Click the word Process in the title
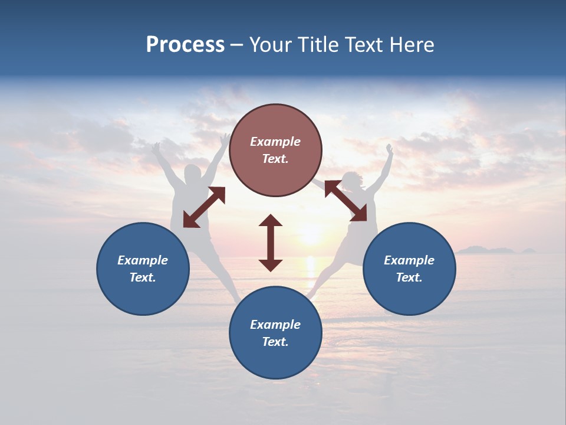pyautogui.click(x=185, y=45)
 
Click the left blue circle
pyautogui.click(x=143, y=269)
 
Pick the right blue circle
pyautogui.click(x=409, y=269)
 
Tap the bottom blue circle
pyautogui.click(x=275, y=332)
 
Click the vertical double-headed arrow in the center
pyautogui.click(x=271, y=243)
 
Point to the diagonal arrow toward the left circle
pyautogui.click(x=204, y=207)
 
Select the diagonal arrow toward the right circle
pyautogui.click(x=345, y=201)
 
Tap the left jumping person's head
pyautogui.click(x=192, y=175)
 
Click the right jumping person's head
pyautogui.click(x=351, y=180)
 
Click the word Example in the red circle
pyautogui.click(x=275, y=142)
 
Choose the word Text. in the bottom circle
pyautogui.click(x=275, y=342)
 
